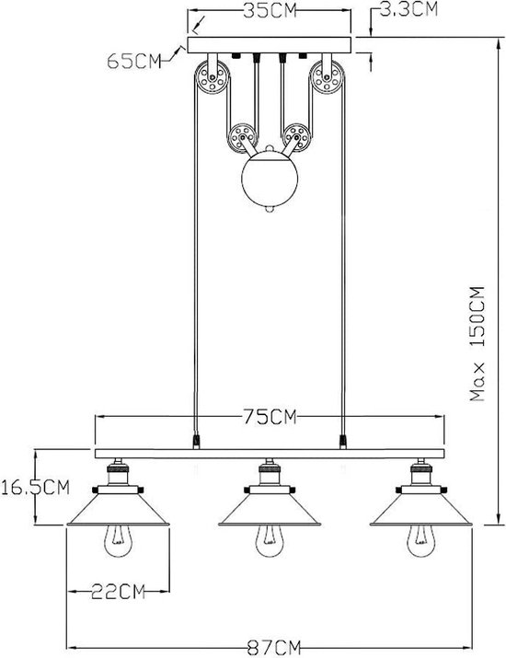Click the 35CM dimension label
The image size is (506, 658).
point(270,10)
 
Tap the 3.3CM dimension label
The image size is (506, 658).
point(408,9)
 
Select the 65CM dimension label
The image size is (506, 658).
point(133,62)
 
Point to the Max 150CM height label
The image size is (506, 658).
point(477,343)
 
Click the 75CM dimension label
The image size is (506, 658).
point(270,417)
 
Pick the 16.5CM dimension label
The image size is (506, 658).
point(35,487)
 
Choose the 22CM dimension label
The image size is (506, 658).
point(118,592)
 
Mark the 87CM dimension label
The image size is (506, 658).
point(274,648)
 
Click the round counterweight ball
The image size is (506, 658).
point(270,179)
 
